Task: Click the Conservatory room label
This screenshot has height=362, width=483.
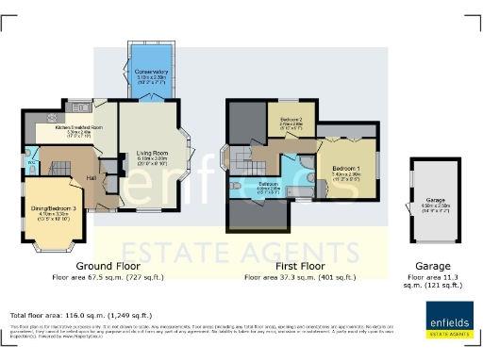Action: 151,72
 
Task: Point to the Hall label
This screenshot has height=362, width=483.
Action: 92,177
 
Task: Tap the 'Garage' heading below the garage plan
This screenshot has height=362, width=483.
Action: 433,267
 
